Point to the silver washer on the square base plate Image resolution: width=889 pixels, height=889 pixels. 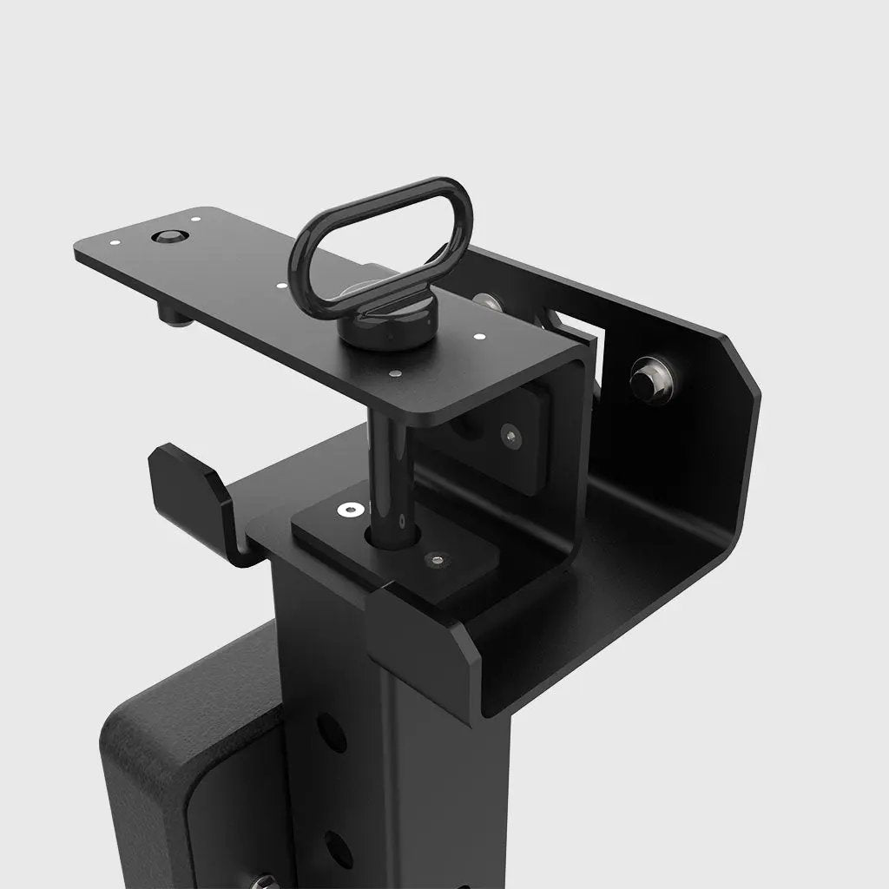(351, 510)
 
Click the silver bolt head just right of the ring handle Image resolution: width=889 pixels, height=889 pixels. (487, 303)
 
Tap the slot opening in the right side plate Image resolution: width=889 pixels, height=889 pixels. (573, 327)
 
